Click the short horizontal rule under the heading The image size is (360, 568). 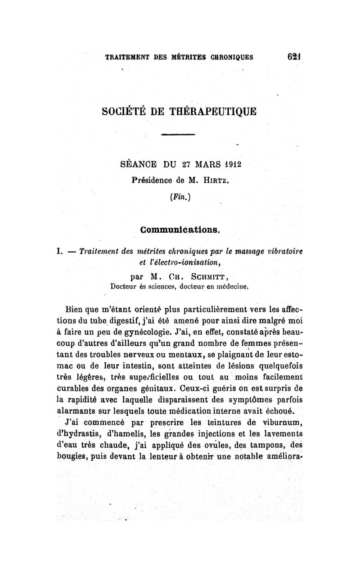[x=178, y=134]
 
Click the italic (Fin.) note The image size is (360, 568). [x=178, y=197]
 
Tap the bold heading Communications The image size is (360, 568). [x=180, y=230]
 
